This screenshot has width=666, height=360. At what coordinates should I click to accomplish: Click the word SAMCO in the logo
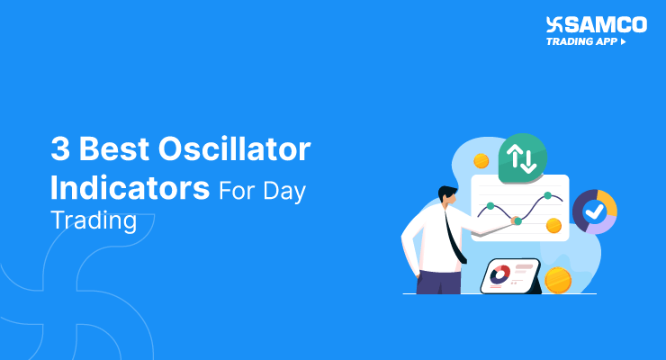pyautogui.click(x=606, y=24)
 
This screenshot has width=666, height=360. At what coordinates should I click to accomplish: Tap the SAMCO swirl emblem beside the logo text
pyautogui.click(x=554, y=24)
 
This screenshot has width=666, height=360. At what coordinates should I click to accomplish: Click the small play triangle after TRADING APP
pyautogui.click(x=623, y=41)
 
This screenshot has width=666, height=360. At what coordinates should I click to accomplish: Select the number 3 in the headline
pyautogui.click(x=60, y=148)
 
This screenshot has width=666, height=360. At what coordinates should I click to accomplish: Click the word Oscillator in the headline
pyautogui.click(x=235, y=148)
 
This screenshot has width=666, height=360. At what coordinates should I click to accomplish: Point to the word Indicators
pyautogui.click(x=130, y=187)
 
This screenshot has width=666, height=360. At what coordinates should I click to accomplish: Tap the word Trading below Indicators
pyautogui.click(x=94, y=220)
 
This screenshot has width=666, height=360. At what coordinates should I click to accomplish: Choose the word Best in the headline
pyautogui.click(x=114, y=148)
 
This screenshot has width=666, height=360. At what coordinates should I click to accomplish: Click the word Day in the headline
pyautogui.click(x=284, y=192)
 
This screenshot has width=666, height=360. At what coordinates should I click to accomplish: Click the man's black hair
pyautogui.click(x=447, y=193)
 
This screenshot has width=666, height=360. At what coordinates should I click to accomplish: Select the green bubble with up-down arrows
pyautogui.click(x=522, y=158)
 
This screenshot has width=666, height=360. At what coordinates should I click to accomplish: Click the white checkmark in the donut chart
pyautogui.click(x=595, y=211)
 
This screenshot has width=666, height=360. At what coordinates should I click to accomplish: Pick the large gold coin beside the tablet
pyautogui.click(x=558, y=280)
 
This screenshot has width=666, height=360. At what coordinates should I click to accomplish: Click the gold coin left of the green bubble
pyautogui.click(x=481, y=161)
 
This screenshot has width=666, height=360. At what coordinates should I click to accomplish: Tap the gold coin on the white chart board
pyautogui.click(x=553, y=225)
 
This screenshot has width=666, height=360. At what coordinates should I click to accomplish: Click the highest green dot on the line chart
pyautogui.click(x=547, y=195)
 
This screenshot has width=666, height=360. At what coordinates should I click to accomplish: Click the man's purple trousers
pyautogui.click(x=439, y=282)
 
